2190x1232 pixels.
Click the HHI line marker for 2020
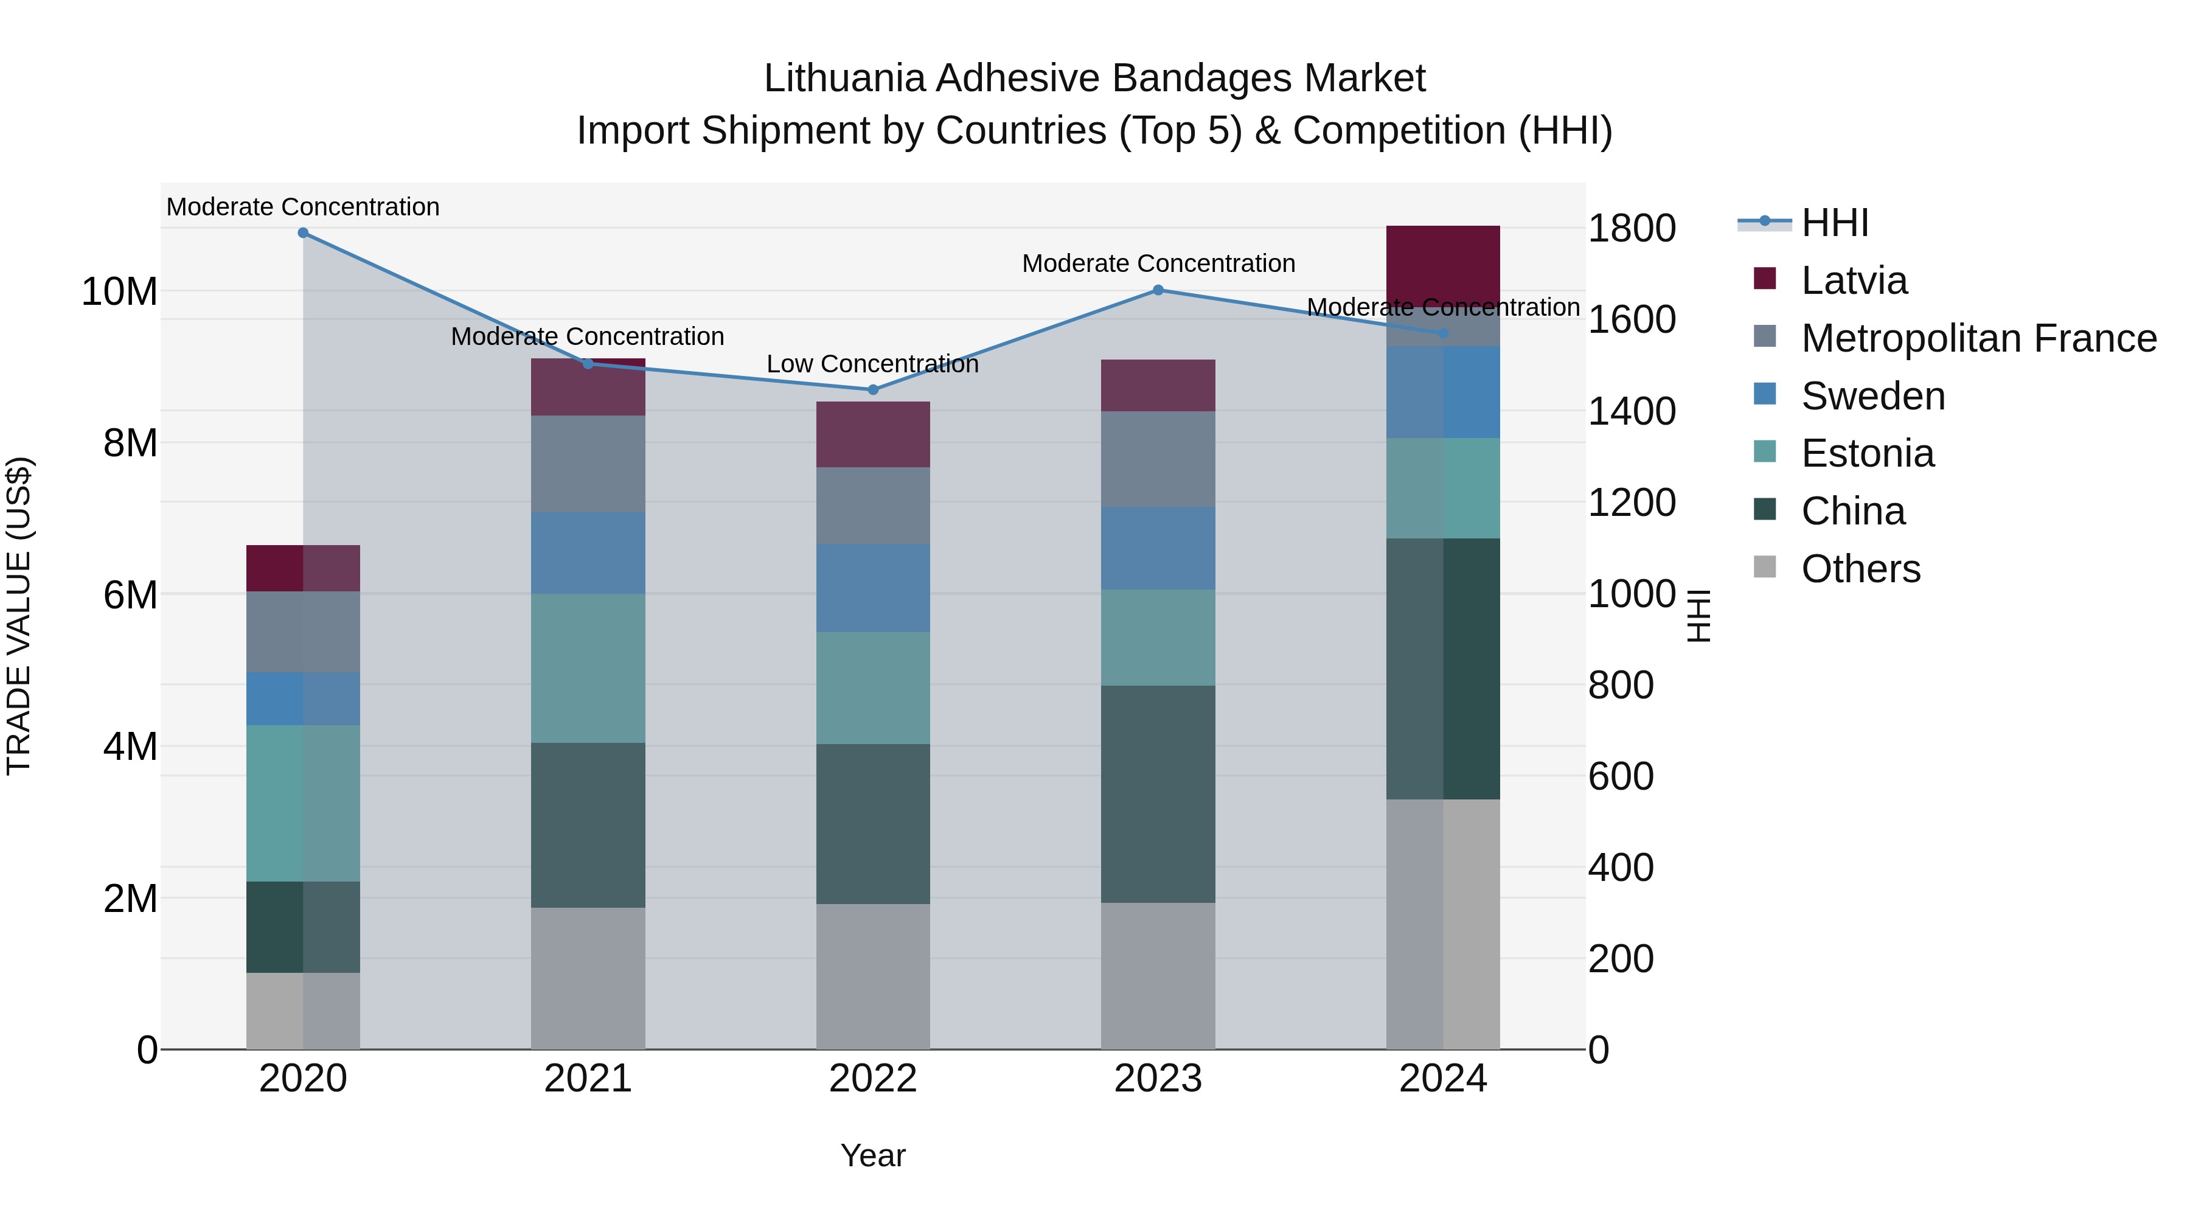pos(303,233)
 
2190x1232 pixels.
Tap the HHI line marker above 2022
pos(872,390)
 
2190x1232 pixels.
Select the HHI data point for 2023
pos(1157,290)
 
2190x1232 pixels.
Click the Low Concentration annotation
pos(872,364)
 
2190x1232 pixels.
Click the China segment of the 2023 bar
pos(1157,793)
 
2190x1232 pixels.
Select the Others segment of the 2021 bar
pos(588,978)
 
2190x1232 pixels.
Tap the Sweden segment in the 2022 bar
pos(872,588)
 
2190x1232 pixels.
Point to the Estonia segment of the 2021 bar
pos(588,667)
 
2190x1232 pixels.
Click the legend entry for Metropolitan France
pos(1978,338)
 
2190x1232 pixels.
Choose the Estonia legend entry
pos(1867,453)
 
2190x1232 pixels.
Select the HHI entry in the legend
pos(1835,223)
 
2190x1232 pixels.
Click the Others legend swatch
pos(1765,567)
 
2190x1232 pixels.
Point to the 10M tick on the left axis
pos(119,291)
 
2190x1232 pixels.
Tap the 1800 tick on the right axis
pos(1630,228)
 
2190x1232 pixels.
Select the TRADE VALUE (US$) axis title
pos(19,616)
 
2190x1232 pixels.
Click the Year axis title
pos(872,1155)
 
